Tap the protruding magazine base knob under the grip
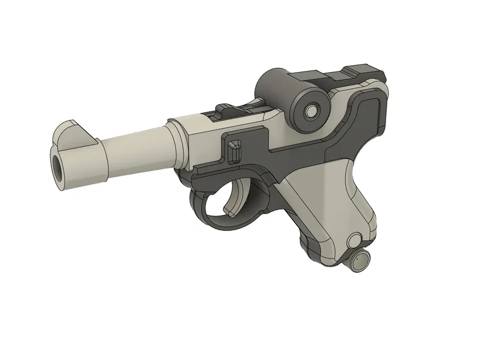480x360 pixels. (x=358, y=261)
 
